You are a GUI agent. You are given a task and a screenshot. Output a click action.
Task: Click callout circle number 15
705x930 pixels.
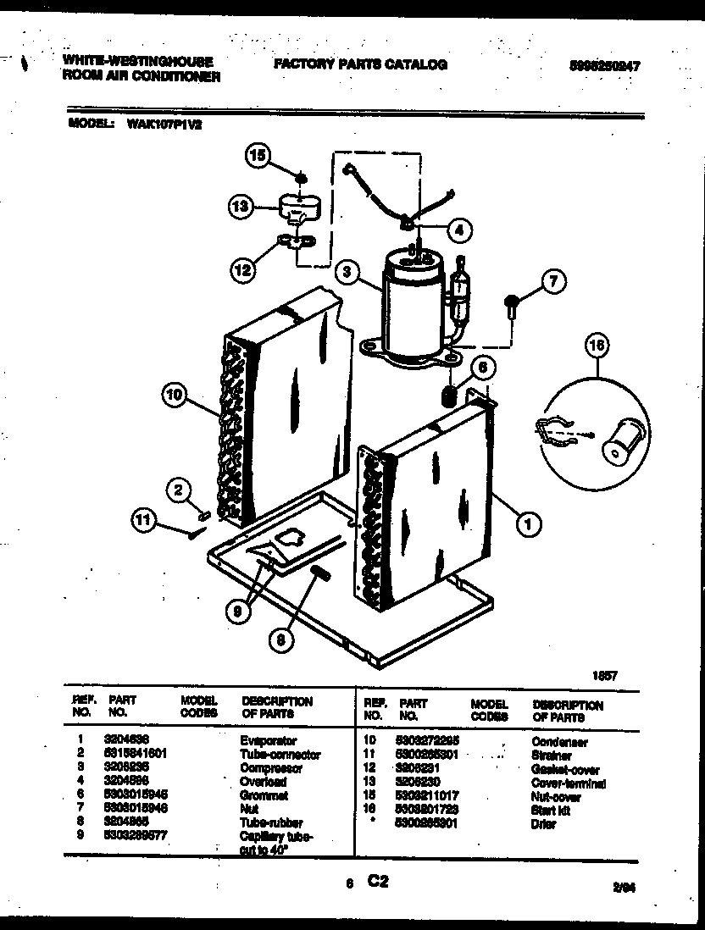257,155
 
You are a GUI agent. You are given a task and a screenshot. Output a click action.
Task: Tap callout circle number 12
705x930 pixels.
242,270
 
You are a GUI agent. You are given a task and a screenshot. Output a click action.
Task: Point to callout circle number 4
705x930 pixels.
459,229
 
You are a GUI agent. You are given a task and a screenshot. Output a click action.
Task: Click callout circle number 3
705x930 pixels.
346,272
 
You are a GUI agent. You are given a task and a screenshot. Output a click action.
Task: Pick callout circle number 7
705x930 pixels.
552,282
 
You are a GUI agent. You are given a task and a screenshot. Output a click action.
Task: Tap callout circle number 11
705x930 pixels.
144,520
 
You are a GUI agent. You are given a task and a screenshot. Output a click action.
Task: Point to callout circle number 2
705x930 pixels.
179,490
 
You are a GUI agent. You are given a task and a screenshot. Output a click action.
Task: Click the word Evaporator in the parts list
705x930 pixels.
269,740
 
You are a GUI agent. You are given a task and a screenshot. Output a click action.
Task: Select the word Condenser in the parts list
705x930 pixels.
560,742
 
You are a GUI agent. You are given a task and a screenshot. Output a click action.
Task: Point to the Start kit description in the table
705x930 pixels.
551,811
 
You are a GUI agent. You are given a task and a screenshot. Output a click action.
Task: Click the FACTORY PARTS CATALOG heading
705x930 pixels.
359,64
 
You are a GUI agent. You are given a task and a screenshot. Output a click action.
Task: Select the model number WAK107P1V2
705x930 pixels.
164,122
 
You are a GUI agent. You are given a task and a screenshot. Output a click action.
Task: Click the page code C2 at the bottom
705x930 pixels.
377,881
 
